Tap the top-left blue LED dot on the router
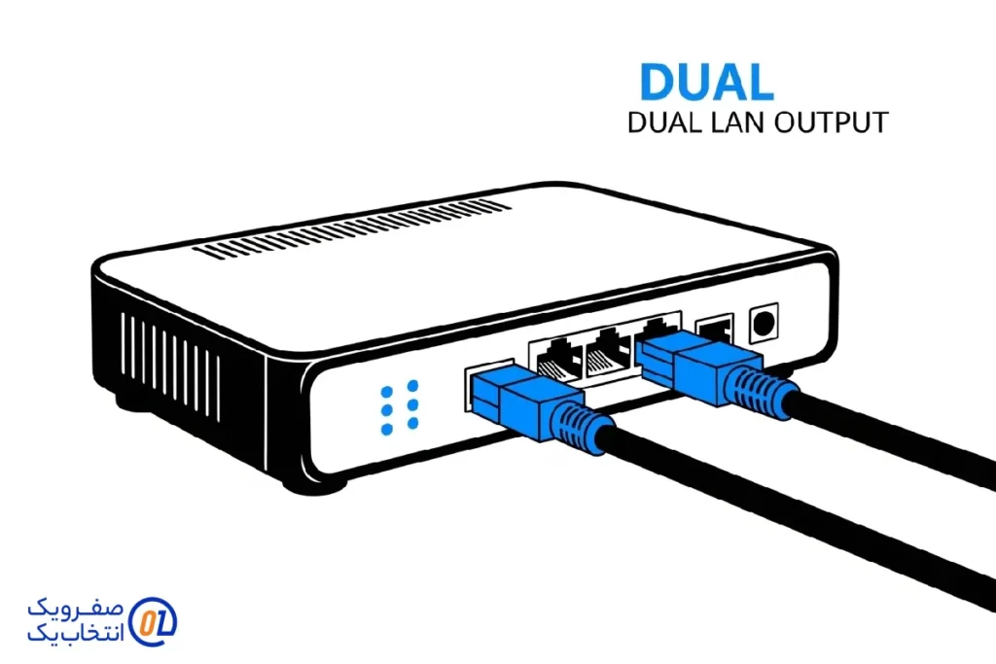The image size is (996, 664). coord(387,391)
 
